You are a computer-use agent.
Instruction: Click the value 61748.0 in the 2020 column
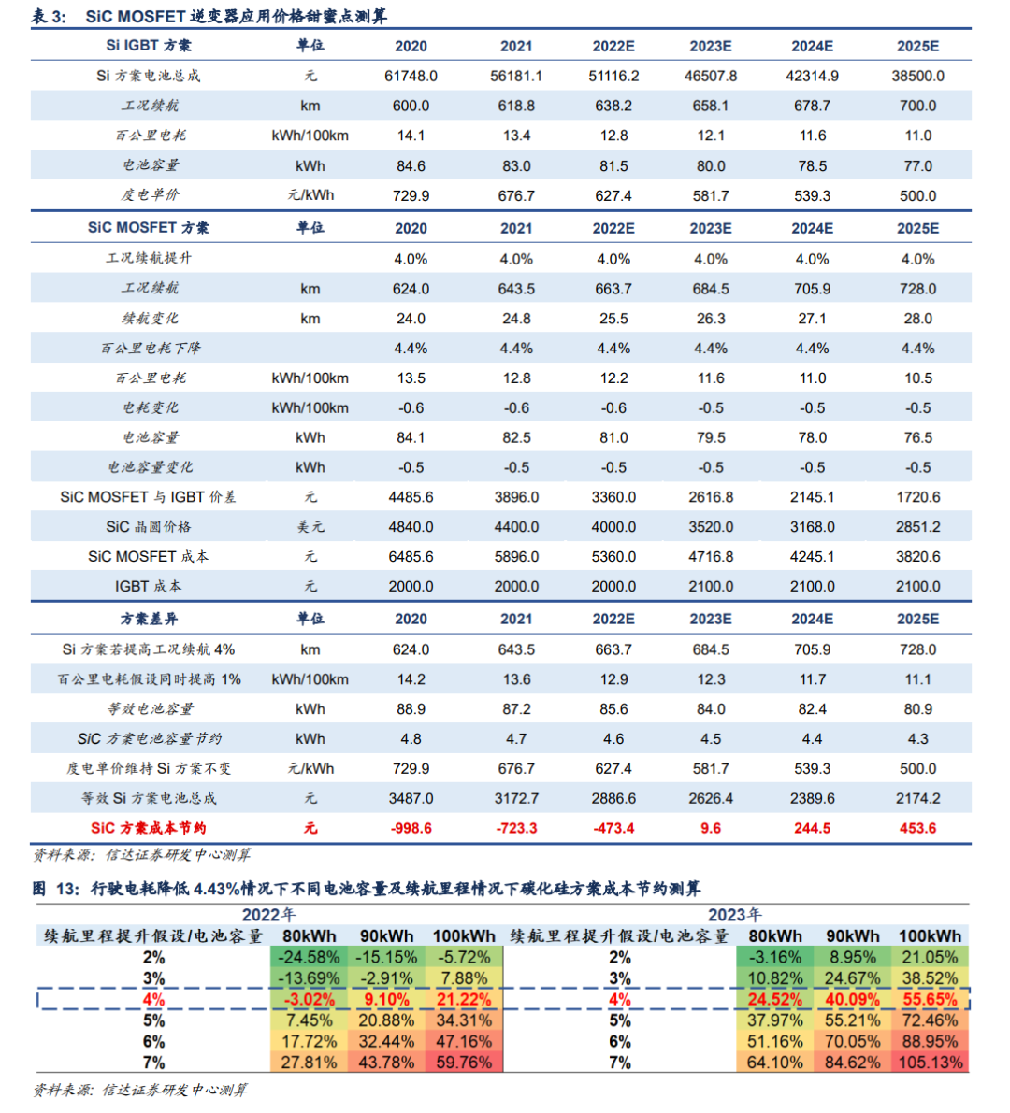[x=411, y=76]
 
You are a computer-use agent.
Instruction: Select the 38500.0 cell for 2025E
[x=917, y=76]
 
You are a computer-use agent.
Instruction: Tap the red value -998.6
[x=411, y=828]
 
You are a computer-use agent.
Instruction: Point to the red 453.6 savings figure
[x=917, y=828]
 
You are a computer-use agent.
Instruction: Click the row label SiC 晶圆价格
[x=149, y=527]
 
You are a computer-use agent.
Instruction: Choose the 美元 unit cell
[x=310, y=527]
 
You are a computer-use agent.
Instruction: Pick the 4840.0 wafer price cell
[x=411, y=527]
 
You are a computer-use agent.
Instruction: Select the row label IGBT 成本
[x=149, y=587]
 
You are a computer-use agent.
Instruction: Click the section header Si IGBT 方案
[x=149, y=46]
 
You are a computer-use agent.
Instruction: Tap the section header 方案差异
[x=149, y=619]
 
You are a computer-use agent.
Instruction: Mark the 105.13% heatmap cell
[x=930, y=1063]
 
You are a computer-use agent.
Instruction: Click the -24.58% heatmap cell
[x=310, y=958]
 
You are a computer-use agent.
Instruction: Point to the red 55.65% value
[x=930, y=1000]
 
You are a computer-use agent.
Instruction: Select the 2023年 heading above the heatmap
[x=734, y=915]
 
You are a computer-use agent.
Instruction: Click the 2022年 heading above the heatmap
[x=268, y=915]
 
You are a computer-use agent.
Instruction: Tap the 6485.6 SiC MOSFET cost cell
[x=411, y=557]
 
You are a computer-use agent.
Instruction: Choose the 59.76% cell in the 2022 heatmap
[x=464, y=1063]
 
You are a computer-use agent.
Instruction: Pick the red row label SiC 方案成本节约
[x=149, y=828]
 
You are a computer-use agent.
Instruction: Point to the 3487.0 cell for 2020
[x=411, y=799]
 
